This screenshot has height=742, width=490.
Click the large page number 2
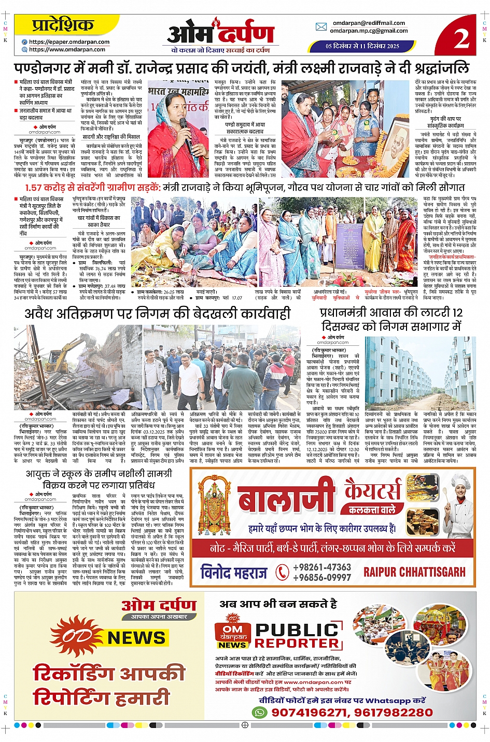(461, 37)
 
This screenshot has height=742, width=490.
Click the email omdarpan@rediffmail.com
(369, 23)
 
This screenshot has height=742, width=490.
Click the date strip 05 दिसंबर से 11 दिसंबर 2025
(362, 46)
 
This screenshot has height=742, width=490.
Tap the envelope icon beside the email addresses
(321, 27)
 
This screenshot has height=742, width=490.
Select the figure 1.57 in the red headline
(40, 188)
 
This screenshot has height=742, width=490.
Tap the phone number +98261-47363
(321, 568)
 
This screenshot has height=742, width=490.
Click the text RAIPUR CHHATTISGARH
(414, 572)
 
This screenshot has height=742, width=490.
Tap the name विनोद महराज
(233, 572)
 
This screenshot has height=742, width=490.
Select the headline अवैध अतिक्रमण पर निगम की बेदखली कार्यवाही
(158, 314)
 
